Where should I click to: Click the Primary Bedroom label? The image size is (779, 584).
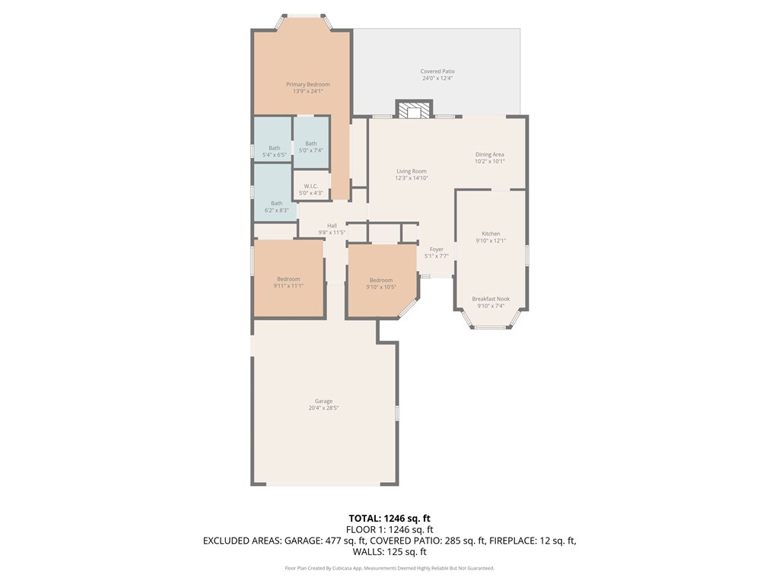[308, 84]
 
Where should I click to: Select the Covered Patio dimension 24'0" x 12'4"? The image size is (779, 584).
[437, 78]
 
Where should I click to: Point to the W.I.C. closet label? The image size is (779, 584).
[310, 186]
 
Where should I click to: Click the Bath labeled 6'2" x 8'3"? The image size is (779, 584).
[276, 203]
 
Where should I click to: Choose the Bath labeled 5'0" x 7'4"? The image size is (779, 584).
[310, 144]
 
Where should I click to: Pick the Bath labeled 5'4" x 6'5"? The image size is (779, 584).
[274, 148]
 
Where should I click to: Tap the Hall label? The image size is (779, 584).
[332, 226]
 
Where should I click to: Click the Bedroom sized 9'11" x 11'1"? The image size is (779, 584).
[288, 279]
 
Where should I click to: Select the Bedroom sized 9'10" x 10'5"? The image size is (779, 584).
[381, 280]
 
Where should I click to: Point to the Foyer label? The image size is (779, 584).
[436, 249]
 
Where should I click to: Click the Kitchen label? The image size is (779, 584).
[491, 233]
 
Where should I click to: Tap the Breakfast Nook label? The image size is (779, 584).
[491, 299]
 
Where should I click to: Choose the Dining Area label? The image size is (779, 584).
[489, 154]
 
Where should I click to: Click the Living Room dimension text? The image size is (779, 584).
[412, 178]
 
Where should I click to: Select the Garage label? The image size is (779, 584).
[323, 401]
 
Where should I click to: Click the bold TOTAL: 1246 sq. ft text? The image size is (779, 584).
[389, 518]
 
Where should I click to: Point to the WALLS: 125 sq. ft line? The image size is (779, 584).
[389, 552]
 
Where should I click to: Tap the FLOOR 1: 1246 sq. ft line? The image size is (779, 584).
[389, 529]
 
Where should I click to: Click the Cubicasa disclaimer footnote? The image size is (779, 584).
[389, 568]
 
